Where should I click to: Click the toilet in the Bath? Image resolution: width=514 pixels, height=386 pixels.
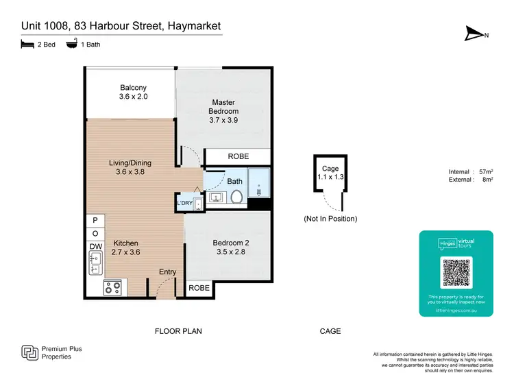pyautogui.click(x=236, y=197)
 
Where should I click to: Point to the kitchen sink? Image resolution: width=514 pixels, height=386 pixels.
pyautogui.click(x=95, y=262)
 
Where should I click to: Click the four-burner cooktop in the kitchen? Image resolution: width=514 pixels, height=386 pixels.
pyautogui.click(x=112, y=288)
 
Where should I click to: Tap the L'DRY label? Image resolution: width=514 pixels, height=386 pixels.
pyautogui.click(x=185, y=204)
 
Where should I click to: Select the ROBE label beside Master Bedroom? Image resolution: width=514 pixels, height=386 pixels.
pyautogui.click(x=238, y=157)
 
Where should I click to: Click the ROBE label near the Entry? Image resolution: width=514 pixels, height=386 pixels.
pyautogui.click(x=199, y=289)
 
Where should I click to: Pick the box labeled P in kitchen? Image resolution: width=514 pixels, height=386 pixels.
pyautogui.click(x=95, y=221)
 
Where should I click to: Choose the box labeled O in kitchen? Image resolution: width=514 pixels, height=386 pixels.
pyautogui.click(x=95, y=234)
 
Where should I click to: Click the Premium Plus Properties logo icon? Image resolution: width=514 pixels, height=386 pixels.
pyautogui.click(x=29, y=353)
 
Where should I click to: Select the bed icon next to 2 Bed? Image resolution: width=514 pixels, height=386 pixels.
pyautogui.click(x=26, y=45)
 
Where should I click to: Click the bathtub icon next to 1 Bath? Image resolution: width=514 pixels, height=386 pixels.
pyautogui.click(x=71, y=45)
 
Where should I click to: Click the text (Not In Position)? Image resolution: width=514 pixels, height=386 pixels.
pyautogui.click(x=330, y=219)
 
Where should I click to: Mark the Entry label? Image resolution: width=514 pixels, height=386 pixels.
pyautogui.click(x=167, y=272)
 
